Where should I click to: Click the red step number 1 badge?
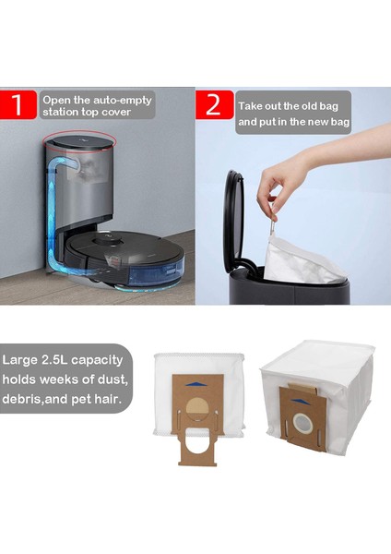18,104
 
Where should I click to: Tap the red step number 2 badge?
214,104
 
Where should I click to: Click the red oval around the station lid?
79,131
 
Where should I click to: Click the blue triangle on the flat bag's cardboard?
197,384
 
